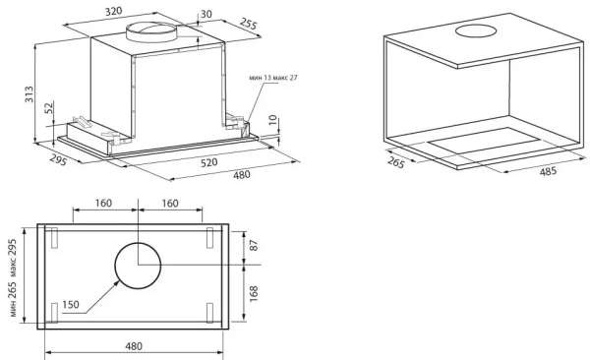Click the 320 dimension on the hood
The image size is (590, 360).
click(113, 11)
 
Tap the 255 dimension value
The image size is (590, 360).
click(249, 24)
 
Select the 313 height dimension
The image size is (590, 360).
click(29, 94)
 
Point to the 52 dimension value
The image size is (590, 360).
click(49, 108)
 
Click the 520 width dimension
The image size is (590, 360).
click(208, 162)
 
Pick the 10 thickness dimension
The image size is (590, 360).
click(273, 120)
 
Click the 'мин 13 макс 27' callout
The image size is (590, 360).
click(272, 78)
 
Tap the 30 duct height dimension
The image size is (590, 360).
click(206, 14)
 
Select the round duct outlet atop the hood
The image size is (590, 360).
click(151, 31)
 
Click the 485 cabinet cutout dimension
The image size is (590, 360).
click(548, 172)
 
